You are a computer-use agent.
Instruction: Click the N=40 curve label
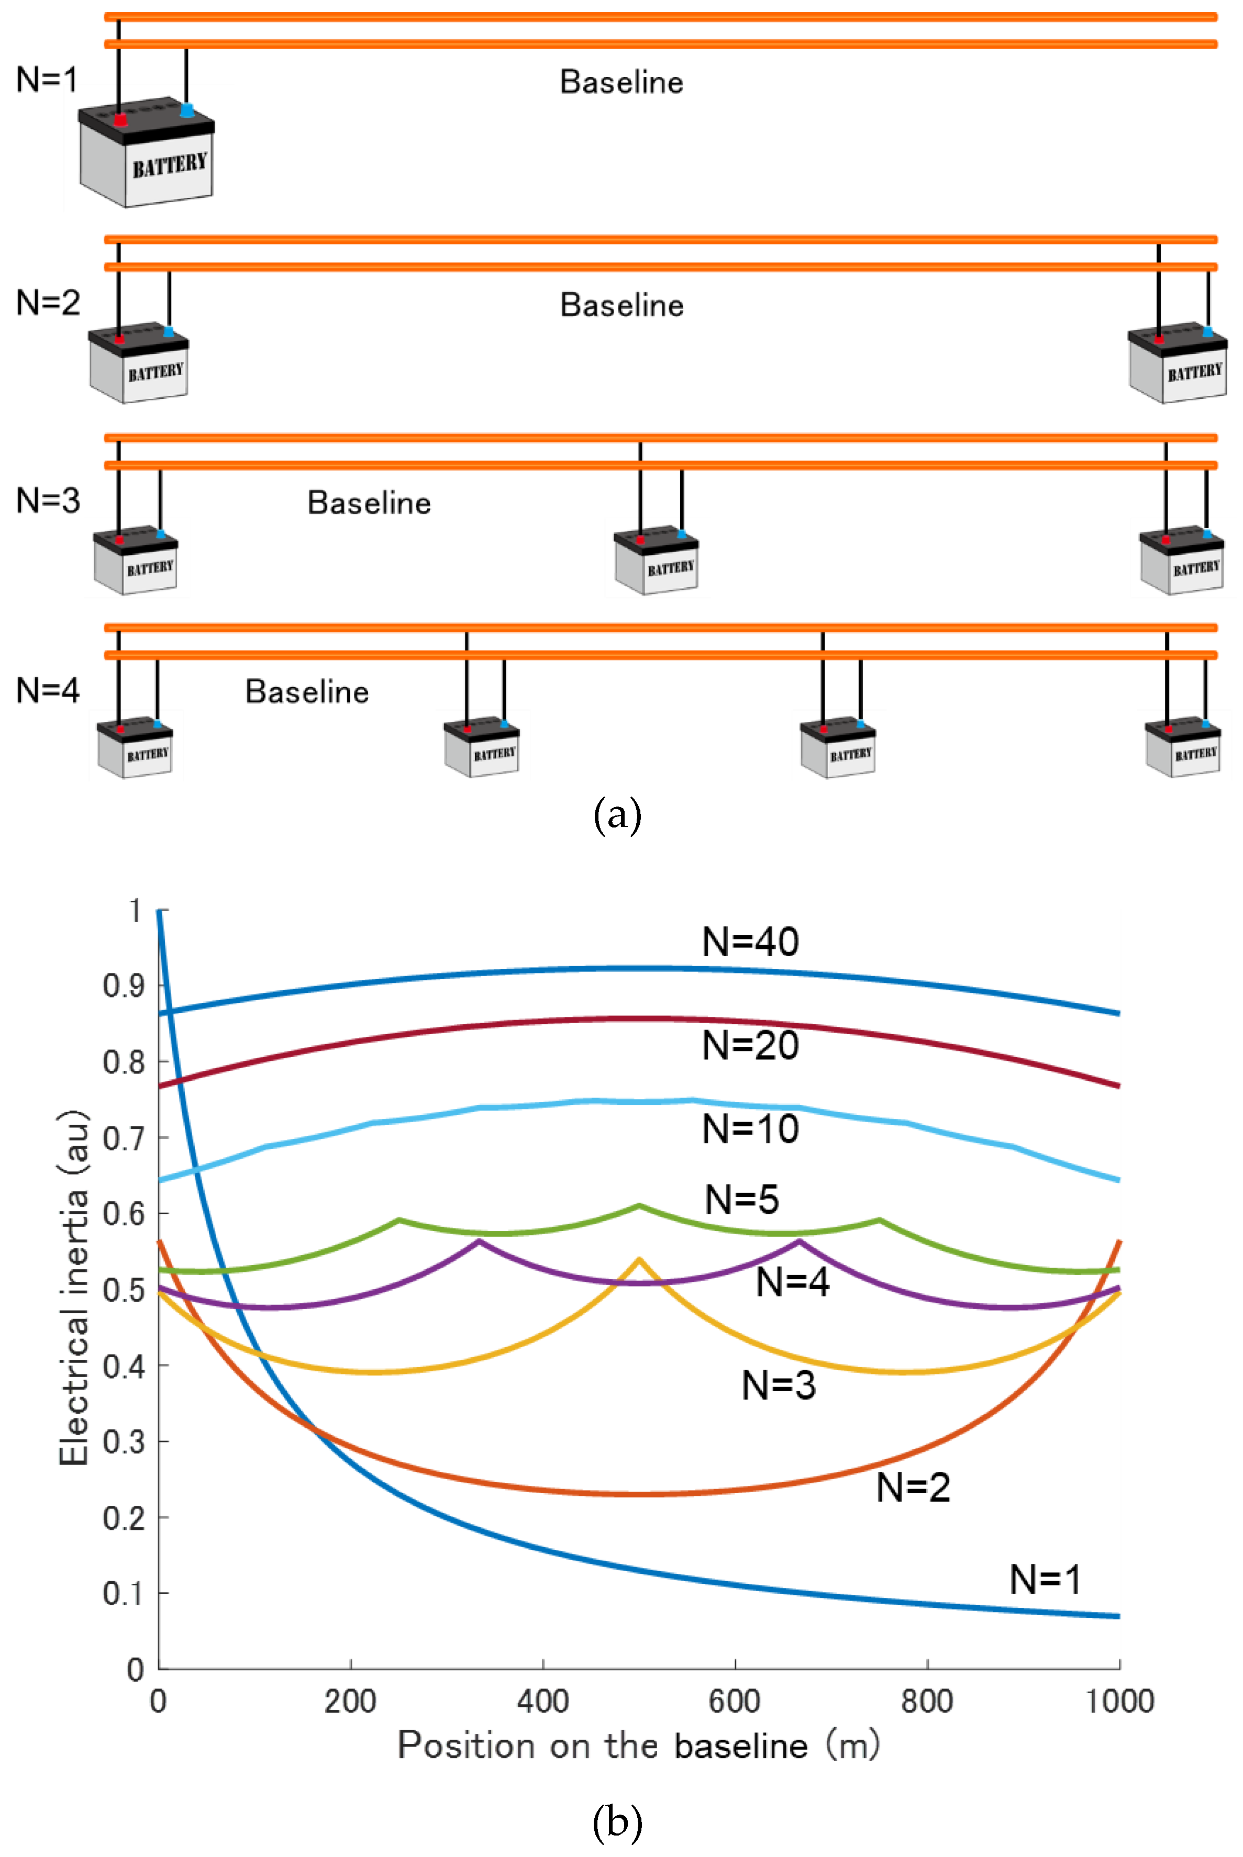(x=750, y=942)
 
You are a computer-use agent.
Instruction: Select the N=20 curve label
(x=750, y=1045)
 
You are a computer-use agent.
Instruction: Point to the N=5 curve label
(x=741, y=1200)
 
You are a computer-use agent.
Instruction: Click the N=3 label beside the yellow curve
(x=779, y=1385)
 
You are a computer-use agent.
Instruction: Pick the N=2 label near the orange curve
(x=913, y=1487)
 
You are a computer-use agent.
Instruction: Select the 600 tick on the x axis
(x=735, y=1701)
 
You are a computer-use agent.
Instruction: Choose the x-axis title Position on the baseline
(x=603, y=1746)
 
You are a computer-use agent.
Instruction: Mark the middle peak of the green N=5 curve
(x=639, y=1206)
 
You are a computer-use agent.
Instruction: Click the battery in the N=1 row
(x=146, y=152)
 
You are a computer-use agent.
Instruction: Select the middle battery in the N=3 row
(x=657, y=560)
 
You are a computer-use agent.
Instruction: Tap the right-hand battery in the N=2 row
(x=1178, y=363)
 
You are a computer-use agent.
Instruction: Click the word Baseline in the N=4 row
(x=307, y=691)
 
